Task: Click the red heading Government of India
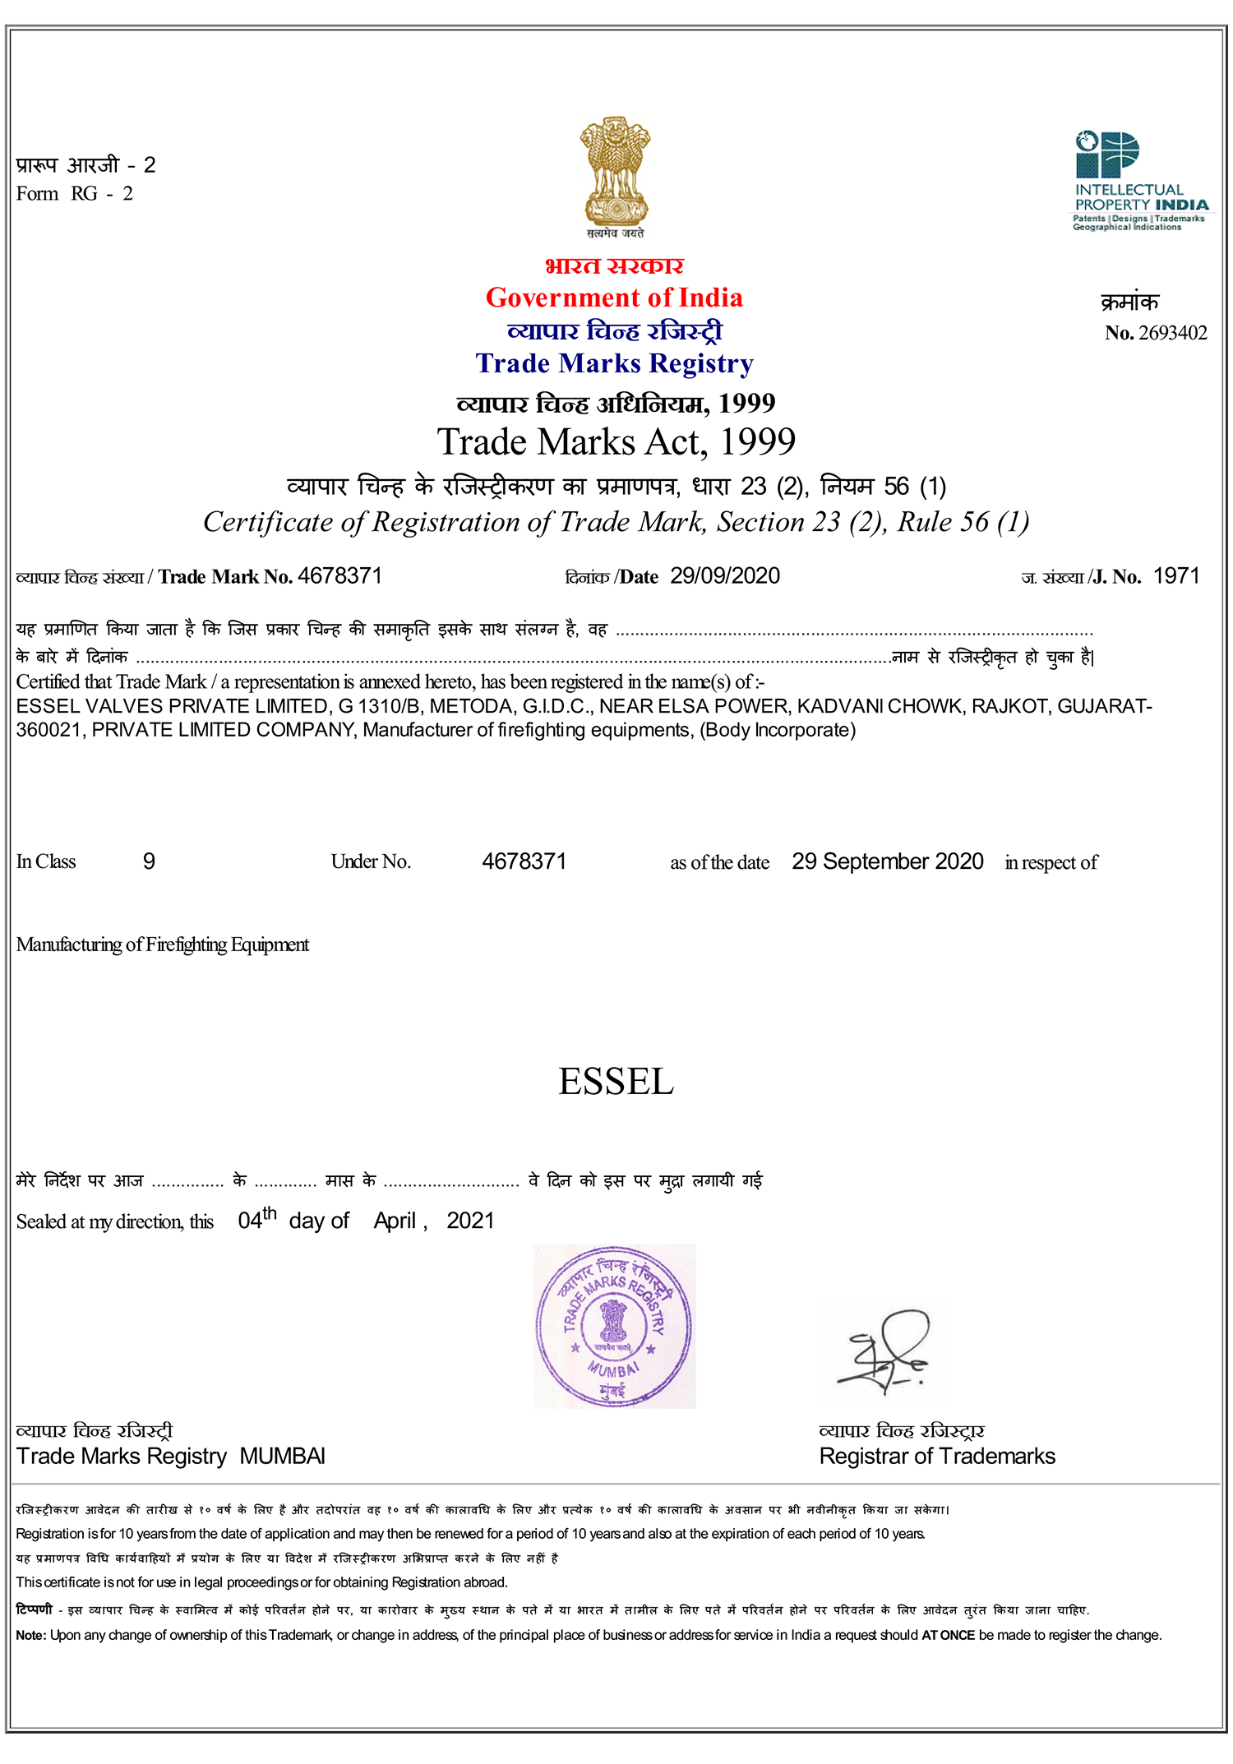pos(614,298)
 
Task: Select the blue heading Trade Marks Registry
pos(614,363)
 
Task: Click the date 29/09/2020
pos(724,576)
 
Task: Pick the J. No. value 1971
pos(1176,576)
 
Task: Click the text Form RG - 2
pos(75,194)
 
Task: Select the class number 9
pos(149,861)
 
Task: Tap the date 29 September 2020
pos(887,861)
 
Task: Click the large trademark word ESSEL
pos(616,1082)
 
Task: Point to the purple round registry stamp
pos(614,1326)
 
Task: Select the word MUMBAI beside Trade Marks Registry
pos(283,1457)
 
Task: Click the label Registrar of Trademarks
pos(937,1457)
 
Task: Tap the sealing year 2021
pos(470,1221)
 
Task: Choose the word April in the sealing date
pos(395,1221)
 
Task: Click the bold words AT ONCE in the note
pos(948,1635)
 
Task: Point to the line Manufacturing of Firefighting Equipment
pos(163,944)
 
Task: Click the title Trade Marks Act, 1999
pos(616,442)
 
